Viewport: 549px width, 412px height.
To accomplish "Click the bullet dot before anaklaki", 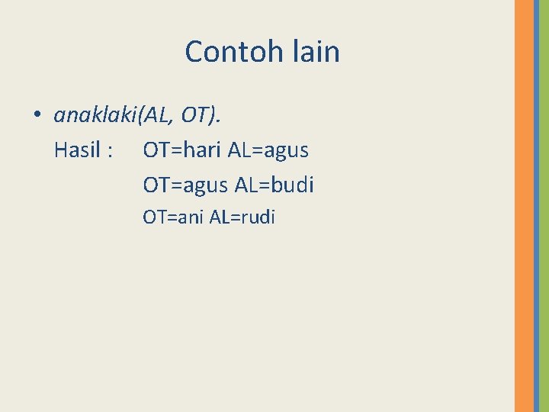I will coord(36,116).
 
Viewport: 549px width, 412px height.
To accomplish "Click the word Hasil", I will coord(78,150).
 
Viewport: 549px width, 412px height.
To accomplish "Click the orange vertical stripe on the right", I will coord(524,206).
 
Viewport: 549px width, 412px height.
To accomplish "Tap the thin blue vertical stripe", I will coord(537,206).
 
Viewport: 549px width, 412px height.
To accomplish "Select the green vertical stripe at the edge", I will coord(544,206).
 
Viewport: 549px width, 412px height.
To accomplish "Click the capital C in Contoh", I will coord(194,52).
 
